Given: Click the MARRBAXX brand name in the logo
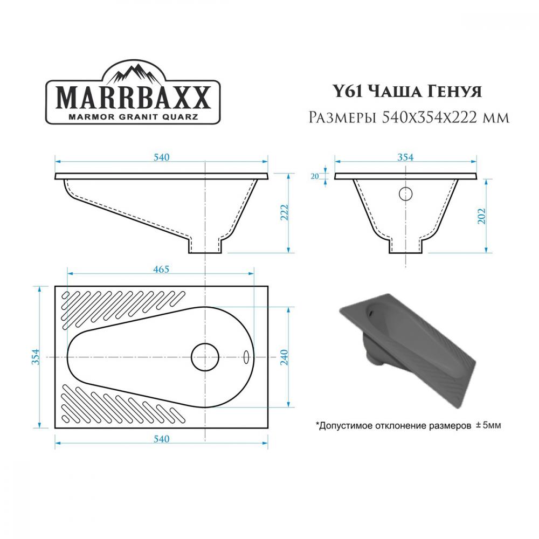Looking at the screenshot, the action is pyautogui.click(x=133, y=98).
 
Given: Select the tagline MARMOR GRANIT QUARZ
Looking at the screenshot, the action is pyautogui.click(x=133, y=116).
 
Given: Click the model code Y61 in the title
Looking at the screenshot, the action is pyautogui.click(x=348, y=92).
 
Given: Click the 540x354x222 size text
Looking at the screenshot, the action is pyautogui.click(x=430, y=118).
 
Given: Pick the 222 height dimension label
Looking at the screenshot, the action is pyautogui.click(x=285, y=212).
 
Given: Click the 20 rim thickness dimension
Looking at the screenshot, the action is pyautogui.click(x=315, y=176).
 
